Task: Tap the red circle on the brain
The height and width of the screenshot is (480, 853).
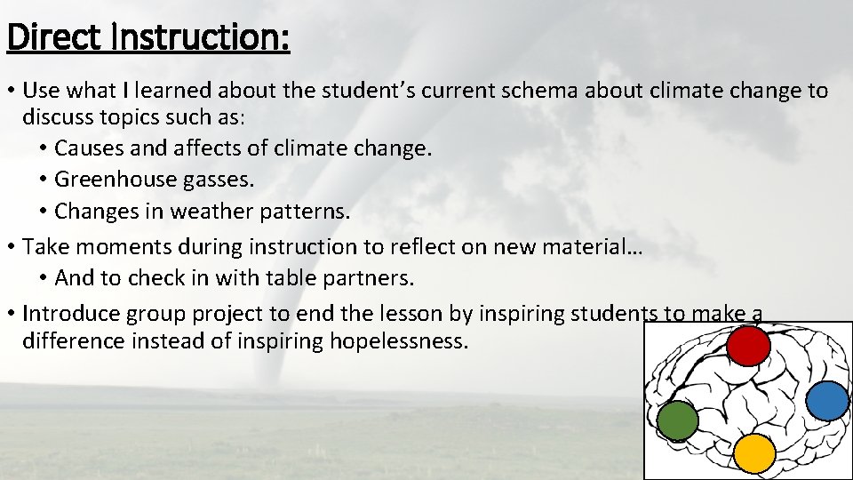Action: [x=748, y=347]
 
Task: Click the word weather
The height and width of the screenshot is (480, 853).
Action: [x=215, y=212]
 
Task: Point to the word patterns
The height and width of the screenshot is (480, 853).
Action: [x=307, y=212]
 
